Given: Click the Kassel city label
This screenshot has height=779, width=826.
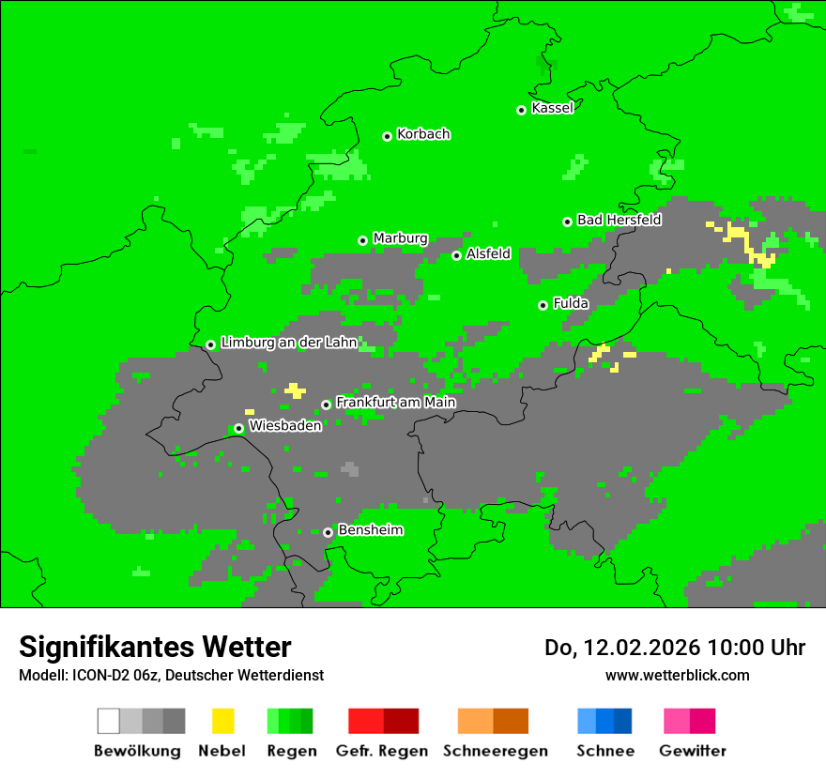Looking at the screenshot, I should tap(552, 108).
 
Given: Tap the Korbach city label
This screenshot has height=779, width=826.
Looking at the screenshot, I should tap(423, 134).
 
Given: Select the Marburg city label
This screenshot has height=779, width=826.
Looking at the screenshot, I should tap(400, 238).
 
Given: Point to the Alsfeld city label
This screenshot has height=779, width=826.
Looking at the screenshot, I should tap(488, 253).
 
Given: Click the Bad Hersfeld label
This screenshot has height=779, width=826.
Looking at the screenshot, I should tap(619, 220).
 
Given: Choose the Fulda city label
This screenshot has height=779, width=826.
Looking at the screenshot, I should tap(571, 303).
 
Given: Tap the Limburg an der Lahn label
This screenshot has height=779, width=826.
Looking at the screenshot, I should tap(289, 343).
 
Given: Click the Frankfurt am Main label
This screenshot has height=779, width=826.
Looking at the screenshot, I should tap(395, 403).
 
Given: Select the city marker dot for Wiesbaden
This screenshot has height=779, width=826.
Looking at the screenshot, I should tap(239, 428).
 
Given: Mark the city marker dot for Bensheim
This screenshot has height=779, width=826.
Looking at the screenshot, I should tap(328, 532).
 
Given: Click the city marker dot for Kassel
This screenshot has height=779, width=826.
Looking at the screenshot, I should tap(522, 110).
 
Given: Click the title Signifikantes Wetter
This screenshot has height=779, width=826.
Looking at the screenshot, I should tap(155, 648).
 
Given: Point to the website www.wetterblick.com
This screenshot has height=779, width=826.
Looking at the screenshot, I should tap(677, 675).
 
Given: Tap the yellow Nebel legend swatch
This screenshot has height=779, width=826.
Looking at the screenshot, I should tap(222, 721).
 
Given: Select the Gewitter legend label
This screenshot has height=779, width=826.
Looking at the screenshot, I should tap(692, 751).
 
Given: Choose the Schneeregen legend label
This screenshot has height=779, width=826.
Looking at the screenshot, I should tap(495, 751).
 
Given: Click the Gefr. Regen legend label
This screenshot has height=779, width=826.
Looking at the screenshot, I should tap(382, 751).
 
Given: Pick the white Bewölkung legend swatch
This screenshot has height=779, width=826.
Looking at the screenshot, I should tap(108, 721).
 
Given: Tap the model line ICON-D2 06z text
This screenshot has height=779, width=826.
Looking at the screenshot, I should tap(113, 675).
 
